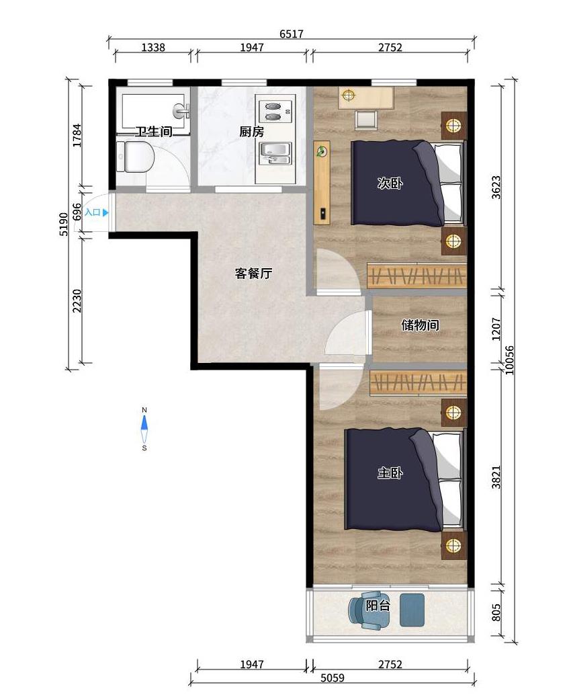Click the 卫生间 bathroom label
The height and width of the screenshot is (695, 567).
153,132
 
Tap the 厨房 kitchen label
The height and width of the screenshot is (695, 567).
252,132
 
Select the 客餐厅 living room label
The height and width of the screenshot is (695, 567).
253,274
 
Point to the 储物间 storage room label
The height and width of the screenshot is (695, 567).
420,325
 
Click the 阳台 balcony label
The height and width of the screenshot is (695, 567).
378,605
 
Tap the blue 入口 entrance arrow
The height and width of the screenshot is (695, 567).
105,213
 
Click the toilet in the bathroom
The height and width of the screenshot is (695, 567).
136,157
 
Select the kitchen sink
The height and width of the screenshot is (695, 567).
275,153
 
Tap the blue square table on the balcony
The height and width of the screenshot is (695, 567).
412,610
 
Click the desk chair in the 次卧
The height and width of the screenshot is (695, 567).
366,120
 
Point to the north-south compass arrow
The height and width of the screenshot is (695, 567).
144,429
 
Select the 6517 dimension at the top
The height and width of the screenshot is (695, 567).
292,34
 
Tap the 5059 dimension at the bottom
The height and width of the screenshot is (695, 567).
333,678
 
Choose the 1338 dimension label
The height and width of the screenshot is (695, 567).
153,47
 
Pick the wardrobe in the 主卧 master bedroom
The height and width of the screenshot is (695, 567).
418,382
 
